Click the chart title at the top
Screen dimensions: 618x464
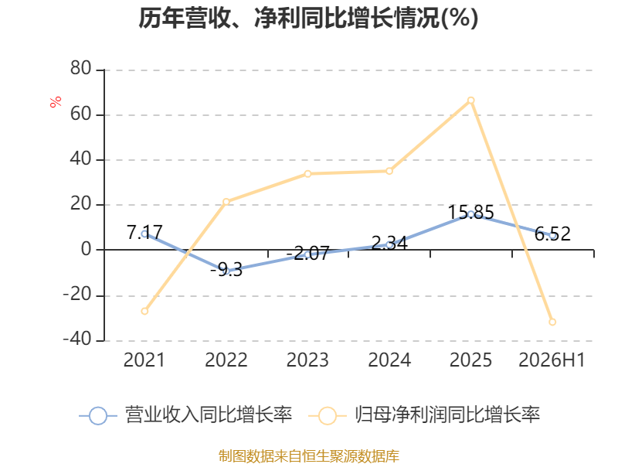pos(308,18)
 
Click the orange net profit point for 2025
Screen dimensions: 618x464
pos(470,101)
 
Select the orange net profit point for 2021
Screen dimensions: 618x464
pos(144,312)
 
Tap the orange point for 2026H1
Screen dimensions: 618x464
pos(552,322)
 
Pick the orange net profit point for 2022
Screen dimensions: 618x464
pos(226,202)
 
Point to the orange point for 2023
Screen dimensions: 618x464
pos(307,174)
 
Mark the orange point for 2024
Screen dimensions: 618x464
pos(389,171)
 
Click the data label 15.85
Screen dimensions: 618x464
pos(471,212)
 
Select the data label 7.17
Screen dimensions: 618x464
pos(144,232)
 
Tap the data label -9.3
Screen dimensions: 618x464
pos(226,270)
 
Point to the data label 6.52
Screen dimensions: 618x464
pos(552,234)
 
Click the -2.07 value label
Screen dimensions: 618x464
pos(307,254)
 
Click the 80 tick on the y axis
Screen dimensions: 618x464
pos(81,68)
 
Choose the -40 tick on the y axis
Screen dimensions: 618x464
pos(77,339)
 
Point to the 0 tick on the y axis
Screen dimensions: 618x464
pos(87,249)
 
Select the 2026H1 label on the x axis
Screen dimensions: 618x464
pos(552,360)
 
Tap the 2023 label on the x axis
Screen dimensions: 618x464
pos(307,360)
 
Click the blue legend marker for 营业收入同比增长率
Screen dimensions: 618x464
pos(98,416)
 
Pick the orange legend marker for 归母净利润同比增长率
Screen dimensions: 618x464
pos(327,416)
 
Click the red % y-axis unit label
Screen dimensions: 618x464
pos(56,101)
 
